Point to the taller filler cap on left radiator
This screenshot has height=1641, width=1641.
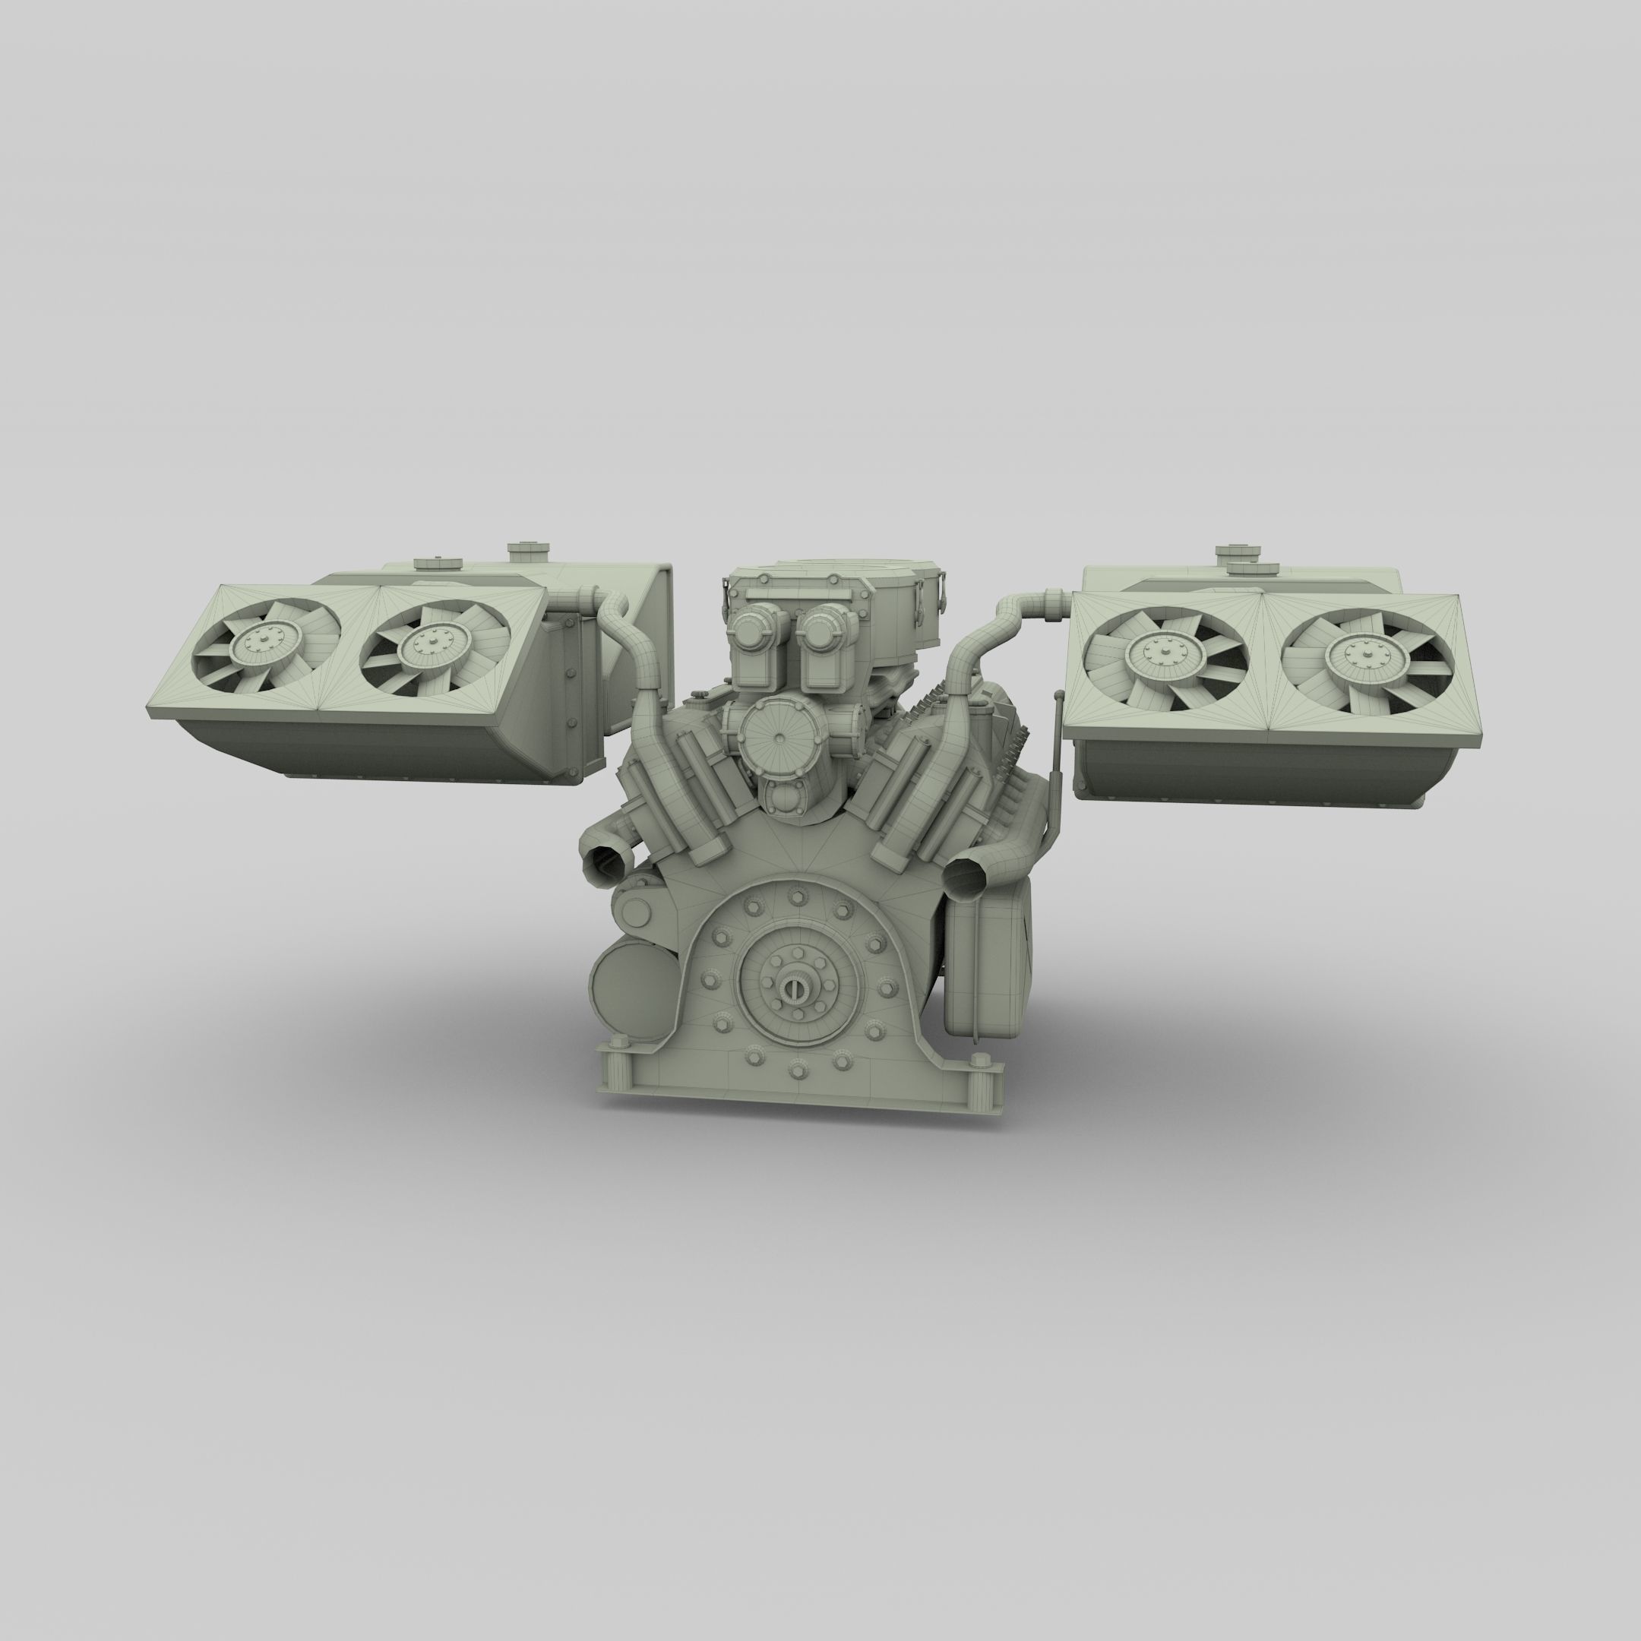[x=526, y=552]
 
